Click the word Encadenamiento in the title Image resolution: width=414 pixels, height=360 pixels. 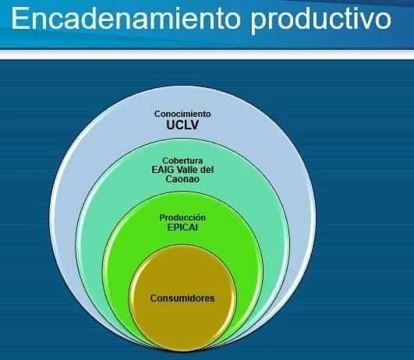126,19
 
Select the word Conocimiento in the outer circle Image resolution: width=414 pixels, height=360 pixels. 182,114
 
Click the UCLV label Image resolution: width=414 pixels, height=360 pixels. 182,125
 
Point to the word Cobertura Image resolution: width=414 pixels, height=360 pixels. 182,161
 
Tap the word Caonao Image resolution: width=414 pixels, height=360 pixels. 182,179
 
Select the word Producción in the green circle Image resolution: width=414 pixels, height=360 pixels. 182,217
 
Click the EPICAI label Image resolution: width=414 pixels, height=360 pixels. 182,228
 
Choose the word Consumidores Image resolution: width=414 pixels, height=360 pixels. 182,298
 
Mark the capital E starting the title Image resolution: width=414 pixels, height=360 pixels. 19,19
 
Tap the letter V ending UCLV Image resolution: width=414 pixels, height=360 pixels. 194,125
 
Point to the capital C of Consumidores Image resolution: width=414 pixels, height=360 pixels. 154,298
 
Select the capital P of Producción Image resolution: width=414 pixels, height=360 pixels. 162,217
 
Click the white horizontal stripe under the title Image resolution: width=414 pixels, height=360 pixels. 207,55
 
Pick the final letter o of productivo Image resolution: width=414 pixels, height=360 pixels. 384,21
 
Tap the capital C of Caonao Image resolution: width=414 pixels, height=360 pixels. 168,179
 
